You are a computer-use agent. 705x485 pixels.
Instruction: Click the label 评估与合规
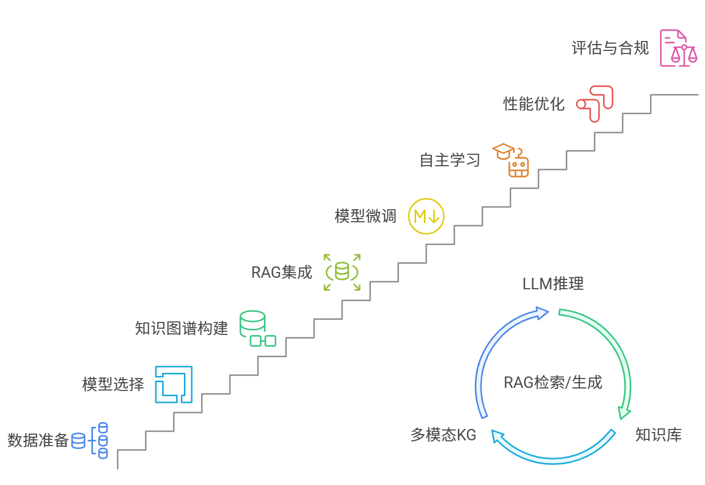610,48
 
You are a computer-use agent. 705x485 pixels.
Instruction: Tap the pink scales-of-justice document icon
678,48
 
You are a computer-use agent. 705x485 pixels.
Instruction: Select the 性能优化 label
534,104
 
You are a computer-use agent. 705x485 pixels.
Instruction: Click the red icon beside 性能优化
595,104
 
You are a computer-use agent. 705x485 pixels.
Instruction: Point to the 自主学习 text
450,160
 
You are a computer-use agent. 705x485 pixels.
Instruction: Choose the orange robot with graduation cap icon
511,160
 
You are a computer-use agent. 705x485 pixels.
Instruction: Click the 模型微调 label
365,216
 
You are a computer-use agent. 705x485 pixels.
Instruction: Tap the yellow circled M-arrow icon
426,216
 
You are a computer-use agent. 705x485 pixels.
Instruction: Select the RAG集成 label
282,272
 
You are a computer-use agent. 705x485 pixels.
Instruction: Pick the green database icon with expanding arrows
342,272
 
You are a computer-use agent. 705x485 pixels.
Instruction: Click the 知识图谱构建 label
181,328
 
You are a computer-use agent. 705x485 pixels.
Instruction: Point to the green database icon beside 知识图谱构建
257,328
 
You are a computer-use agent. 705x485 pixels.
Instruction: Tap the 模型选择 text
113,384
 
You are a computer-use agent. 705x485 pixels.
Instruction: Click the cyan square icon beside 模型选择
174,384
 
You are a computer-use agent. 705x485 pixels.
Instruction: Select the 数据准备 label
38,440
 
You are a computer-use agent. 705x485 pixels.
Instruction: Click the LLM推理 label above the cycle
553,284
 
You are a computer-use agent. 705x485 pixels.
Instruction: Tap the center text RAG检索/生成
553,383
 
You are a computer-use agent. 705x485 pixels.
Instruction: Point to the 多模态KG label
443,435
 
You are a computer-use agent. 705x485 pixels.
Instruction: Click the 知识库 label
658,435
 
